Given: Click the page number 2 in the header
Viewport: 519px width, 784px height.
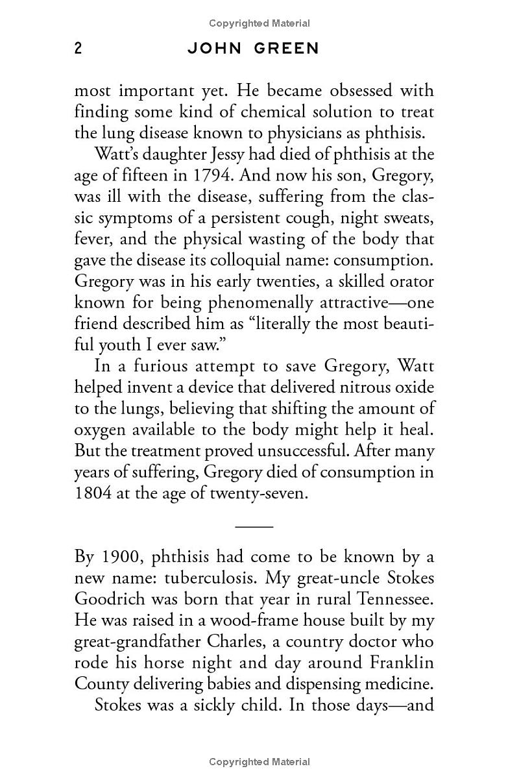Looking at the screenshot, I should pos(78,49).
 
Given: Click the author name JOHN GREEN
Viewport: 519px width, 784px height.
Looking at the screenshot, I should pos(253,49).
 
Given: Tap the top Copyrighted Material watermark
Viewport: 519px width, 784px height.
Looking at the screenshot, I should pos(259,23).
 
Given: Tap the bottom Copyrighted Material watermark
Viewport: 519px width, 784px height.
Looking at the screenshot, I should pos(259,762).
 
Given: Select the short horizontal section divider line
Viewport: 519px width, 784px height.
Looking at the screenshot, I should pos(254,526).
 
